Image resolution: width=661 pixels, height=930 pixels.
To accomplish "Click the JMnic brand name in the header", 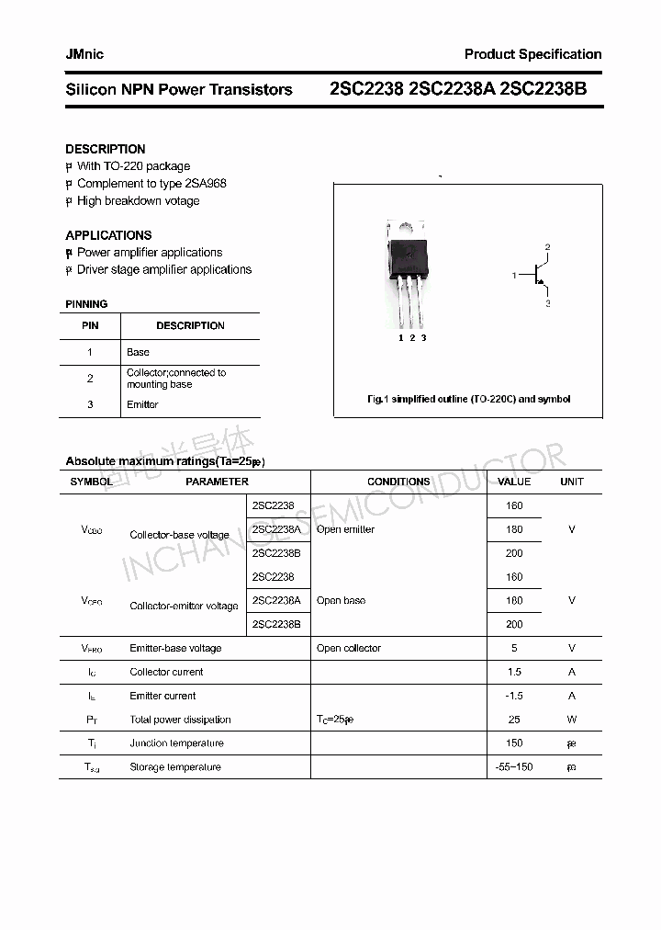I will coord(84,54).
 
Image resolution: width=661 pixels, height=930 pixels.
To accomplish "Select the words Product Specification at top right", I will coord(532,54).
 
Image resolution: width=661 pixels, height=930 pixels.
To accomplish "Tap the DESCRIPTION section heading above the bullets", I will coord(106,149).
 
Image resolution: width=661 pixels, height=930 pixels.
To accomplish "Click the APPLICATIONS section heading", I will coord(108,235).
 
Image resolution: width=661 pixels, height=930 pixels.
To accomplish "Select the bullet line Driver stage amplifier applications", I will coord(163,269).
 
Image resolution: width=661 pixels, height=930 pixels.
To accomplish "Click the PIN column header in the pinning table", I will coord(90,325).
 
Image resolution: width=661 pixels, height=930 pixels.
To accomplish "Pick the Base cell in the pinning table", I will coord(138,352).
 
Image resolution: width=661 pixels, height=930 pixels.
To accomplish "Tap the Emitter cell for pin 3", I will coord(142,404).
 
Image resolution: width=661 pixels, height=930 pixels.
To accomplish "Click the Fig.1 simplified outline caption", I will coord(468,399).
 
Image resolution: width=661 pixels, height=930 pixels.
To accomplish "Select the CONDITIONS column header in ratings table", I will coord(398,482).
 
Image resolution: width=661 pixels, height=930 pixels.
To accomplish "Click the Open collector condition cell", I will coord(348,648).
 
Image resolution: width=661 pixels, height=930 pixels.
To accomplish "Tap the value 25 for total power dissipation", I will coord(514,720).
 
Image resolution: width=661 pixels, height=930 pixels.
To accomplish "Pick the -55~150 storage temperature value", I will coord(513,766).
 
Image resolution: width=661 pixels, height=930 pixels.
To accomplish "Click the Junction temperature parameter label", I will coord(176,743).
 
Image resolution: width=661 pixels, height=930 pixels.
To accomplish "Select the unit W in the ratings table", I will coord(571,720).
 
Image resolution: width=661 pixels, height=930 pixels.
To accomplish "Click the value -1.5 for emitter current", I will coord(513,696).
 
